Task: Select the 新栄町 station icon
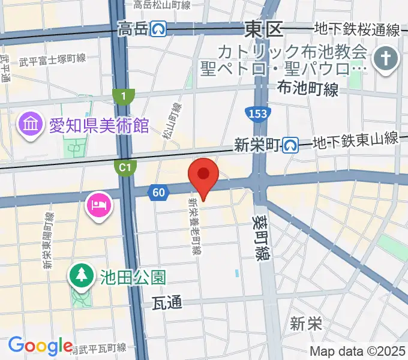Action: pos(292,144)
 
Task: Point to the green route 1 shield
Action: pos(124,95)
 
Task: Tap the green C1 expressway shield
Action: pos(125,169)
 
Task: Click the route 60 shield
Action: pos(158,192)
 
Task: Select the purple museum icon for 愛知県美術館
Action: pos(29,125)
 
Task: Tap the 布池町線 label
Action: pos(308,89)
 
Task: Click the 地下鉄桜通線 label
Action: pos(358,28)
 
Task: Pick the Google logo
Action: pos(40,346)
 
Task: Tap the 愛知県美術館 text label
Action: pos(100,127)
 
